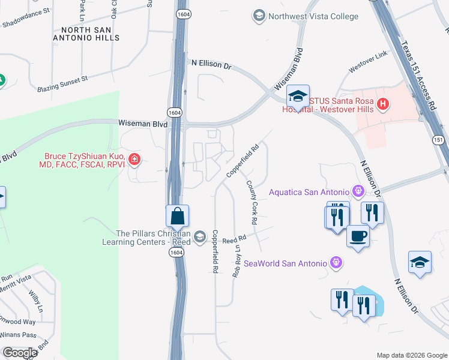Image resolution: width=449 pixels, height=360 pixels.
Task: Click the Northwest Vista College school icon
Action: pyautogui.click(x=259, y=16)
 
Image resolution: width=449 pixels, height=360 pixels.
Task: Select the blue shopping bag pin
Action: pyautogui.click(x=178, y=215)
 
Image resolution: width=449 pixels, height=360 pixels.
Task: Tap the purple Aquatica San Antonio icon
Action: pyautogui.click(x=359, y=191)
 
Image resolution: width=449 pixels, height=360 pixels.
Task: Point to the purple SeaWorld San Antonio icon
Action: pyautogui.click(x=336, y=262)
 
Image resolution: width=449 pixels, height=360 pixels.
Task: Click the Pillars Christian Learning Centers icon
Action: pyautogui.click(x=200, y=238)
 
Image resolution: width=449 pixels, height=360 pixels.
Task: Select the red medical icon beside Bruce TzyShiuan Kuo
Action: pyautogui.click(x=135, y=160)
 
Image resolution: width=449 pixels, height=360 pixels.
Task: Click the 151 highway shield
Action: pyautogui.click(x=439, y=139)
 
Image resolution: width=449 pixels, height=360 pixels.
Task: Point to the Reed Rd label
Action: pyautogui.click(x=235, y=239)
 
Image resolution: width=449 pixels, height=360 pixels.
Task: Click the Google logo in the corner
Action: pyautogui.click(x=20, y=352)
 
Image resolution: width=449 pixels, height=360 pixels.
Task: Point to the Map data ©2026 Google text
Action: pyautogui.click(x=411, y=355)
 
